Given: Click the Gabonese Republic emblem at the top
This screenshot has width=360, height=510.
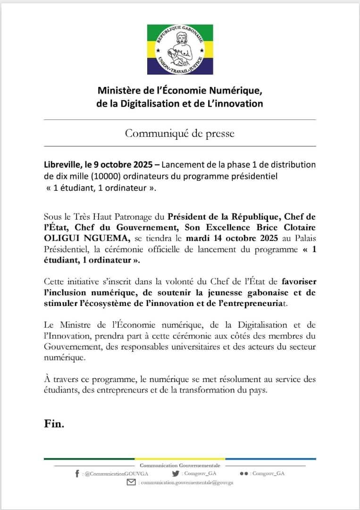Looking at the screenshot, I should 180,50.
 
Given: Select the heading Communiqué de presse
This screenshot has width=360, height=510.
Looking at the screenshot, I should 180,133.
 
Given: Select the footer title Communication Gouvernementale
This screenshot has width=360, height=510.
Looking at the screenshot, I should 180,466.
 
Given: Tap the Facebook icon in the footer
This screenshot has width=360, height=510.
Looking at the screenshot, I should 77,474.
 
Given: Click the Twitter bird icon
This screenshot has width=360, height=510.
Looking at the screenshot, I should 176,474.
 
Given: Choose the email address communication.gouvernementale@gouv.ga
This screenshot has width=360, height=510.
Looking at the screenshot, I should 186,483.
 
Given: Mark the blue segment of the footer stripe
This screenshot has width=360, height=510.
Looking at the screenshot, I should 270,459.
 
